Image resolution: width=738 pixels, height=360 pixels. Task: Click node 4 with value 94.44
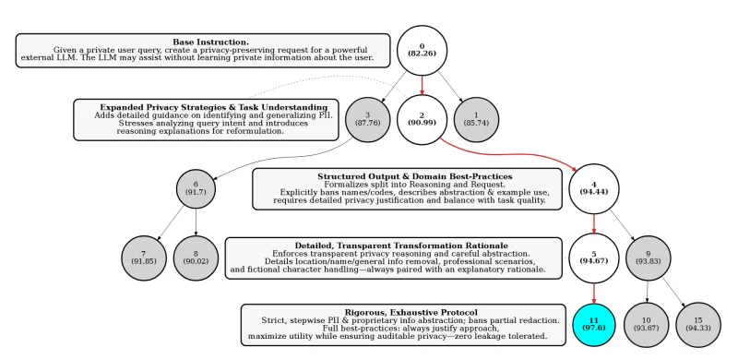593,189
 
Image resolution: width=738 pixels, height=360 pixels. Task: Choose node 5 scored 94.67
593,258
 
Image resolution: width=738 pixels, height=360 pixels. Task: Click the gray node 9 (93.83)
648,258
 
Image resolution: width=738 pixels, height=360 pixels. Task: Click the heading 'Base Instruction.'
210,42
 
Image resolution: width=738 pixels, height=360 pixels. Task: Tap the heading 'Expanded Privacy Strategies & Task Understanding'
213,107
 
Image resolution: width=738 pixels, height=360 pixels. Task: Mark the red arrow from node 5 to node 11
593,293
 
